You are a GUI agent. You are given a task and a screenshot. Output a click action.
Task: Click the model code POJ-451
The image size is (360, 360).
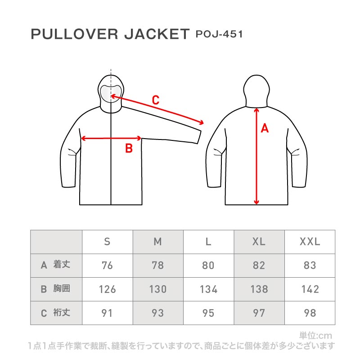(x=219, y=34)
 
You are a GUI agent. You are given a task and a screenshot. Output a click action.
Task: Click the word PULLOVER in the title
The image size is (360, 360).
(x=74, y=34)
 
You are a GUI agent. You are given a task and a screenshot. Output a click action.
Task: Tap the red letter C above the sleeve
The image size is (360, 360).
(x=156, y=100)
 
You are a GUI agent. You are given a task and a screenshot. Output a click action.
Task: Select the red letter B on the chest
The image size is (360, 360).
(x=129, y=148)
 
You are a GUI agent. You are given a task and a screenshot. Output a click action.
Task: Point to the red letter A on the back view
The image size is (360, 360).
(x=265, y=128)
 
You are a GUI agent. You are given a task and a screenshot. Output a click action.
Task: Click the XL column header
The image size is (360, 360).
(x=259, y=242)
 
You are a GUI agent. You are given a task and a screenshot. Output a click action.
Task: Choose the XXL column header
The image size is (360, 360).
(x=310, y=242)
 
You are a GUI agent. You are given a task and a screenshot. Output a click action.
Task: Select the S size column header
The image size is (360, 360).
(x=107, y=242)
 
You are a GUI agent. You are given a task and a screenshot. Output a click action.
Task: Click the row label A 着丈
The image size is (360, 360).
(x=55, y=265)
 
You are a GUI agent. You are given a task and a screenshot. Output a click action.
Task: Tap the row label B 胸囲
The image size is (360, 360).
(x=55, y=288)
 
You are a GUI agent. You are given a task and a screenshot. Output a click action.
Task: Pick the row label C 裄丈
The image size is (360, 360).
(x=55, y=312)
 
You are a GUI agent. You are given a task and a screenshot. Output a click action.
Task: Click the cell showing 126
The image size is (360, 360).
(x=107, y=289)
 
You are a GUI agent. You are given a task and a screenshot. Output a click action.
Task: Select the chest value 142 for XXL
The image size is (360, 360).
(x=310, y=289)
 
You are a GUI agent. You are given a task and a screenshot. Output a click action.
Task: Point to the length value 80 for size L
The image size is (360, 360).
(x=208, y=265)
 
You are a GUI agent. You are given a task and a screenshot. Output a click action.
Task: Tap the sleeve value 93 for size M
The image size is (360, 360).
(x=158, y=313)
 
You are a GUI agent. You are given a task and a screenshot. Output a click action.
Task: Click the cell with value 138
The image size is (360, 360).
(x=259, y=289)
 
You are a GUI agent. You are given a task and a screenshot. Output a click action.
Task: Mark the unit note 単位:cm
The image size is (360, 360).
(x=316, y=336)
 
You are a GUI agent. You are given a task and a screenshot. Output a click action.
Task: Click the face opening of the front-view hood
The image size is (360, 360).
(x=111, y=94)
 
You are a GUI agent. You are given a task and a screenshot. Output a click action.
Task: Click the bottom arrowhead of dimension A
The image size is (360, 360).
(x=256, y=202)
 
